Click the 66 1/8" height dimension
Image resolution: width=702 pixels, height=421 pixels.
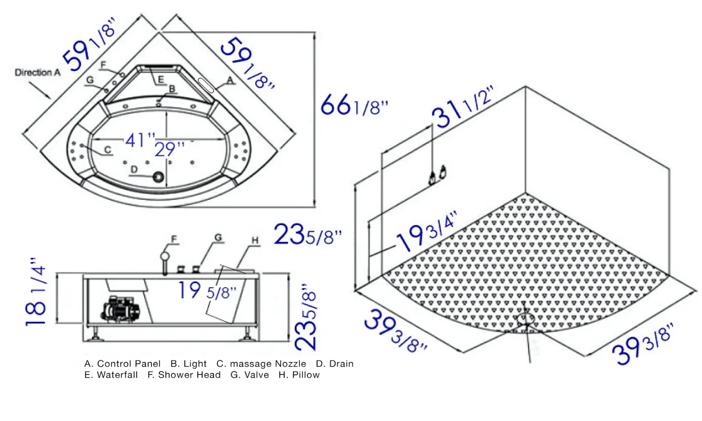(x=354, y=105)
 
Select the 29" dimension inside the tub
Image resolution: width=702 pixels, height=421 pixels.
(x=170, y=149)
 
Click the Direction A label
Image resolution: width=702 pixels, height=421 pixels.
(x=38, y=73)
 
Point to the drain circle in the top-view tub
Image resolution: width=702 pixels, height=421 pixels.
(x=158, y=177)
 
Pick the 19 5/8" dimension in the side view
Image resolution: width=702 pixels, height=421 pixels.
(x=207, y=291)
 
